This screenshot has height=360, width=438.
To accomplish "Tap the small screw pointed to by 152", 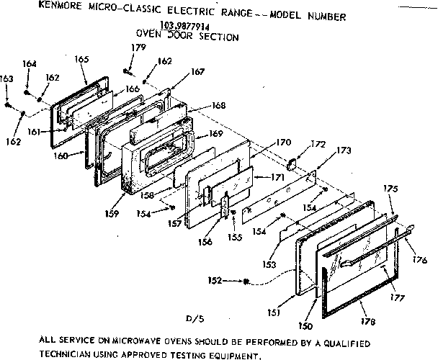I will [247, 281].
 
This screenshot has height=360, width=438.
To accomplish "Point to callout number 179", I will [138, 48].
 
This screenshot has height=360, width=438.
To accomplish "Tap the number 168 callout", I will [219, 105].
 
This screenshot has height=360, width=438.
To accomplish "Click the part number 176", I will [420, 259].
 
